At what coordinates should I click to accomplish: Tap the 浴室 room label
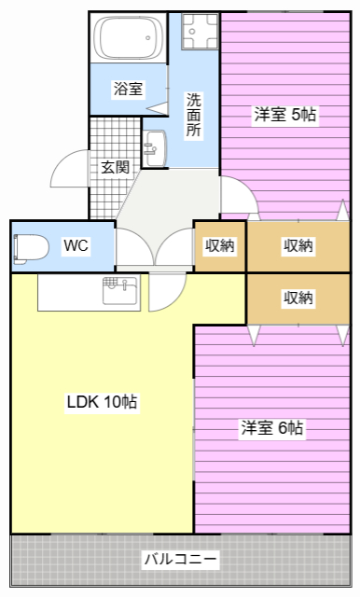coord(129,90)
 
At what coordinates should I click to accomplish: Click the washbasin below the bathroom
coord(154,146)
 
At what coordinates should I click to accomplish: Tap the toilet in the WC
coord(32,246)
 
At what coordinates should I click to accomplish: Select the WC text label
coord(76,246)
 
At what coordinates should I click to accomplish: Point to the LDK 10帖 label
coord(102,403)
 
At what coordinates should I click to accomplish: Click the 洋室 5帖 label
coord(284,116)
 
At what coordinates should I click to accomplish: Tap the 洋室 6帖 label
coord(271,428)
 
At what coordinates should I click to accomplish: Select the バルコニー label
coord(180,560)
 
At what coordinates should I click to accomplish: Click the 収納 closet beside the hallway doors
coord(219,246)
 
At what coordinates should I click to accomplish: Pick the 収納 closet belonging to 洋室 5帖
coord(298,246)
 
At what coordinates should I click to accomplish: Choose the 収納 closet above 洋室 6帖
coord(298,298)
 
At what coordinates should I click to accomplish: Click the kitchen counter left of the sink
coord(69,292)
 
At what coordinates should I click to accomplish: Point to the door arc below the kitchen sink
coord(166,292)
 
